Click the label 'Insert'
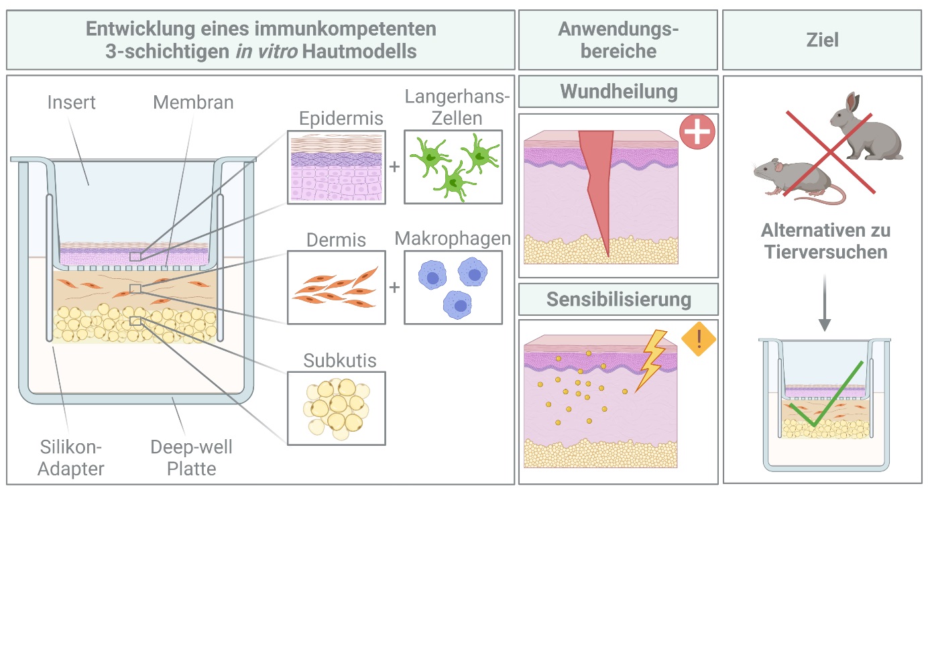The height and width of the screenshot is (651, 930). click(71, 103)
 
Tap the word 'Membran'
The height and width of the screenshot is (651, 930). click(193, 103)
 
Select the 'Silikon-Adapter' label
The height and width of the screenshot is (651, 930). click(70, 458)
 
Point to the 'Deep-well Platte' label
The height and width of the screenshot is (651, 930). click(191, 458)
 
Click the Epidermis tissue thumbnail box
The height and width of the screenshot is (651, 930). click(337, 167)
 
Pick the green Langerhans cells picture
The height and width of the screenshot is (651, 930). click(453, 167)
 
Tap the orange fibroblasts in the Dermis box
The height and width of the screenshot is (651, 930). click(337, 288)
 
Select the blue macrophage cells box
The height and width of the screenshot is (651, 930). click(453, 288)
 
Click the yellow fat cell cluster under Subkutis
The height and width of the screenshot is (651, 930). click(337, 408)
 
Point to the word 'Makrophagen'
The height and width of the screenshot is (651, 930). click(453, 239)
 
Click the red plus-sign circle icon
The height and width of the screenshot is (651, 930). click(697, 131)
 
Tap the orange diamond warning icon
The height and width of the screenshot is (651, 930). click(699, 339)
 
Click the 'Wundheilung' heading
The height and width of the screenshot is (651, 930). click(619, 92)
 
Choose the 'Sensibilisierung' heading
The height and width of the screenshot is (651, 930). click(619, 300)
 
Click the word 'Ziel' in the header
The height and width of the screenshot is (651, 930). click(822, 40)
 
